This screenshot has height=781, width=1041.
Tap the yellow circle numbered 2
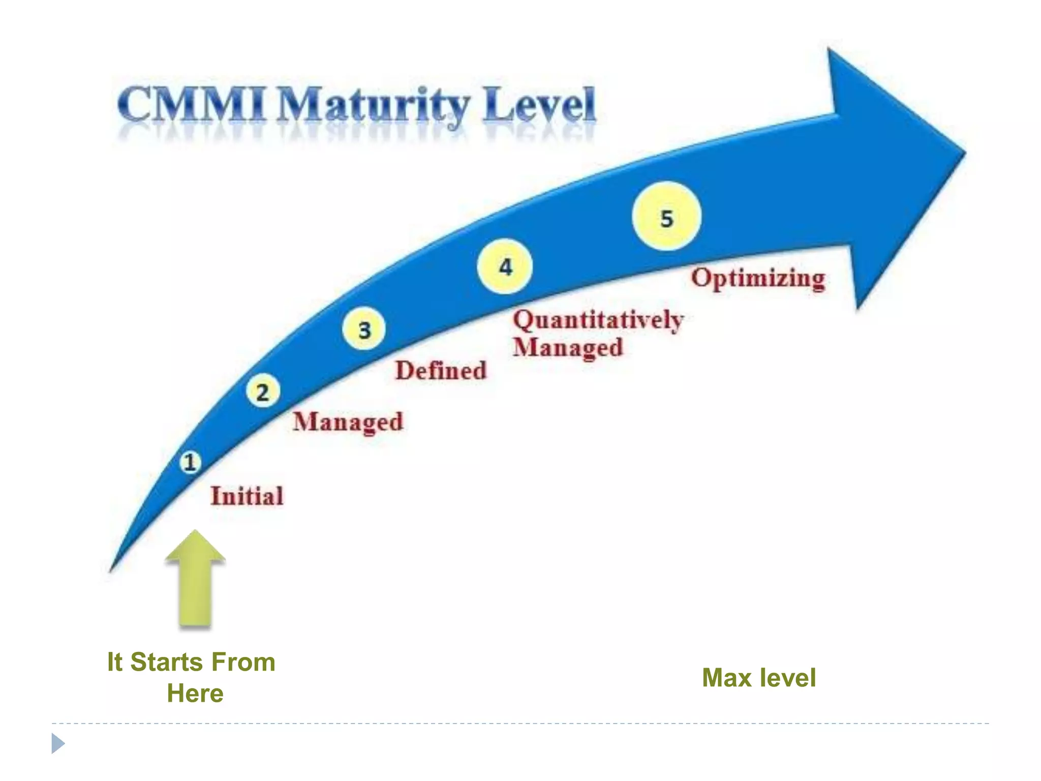(263, 392)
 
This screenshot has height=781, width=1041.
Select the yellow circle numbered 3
(364, 329)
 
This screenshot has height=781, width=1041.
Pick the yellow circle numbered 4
(505, 266)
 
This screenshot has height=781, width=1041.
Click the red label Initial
(247, 496)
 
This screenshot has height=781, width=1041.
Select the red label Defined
(441, 370)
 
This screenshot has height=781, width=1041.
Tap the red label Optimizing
(758, 279)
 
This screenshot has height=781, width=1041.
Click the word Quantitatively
(598, 320)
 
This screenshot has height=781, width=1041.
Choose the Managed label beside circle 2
(348, 422)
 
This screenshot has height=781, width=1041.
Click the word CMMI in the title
(192, 105)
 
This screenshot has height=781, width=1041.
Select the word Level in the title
(539, 105)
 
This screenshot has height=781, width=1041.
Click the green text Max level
(759, 678)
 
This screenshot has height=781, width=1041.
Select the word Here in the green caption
(195, 694)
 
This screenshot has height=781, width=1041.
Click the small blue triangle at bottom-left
(57, 743)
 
